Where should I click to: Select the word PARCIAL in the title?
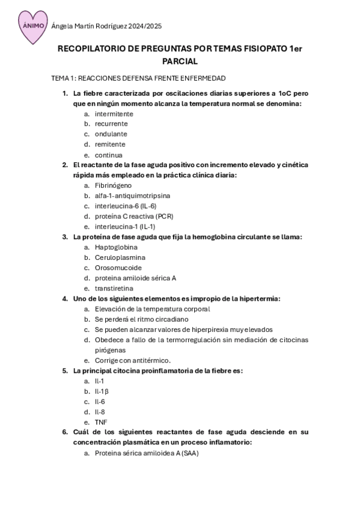click(x=180, y=61)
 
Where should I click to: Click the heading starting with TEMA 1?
click(x=138, y=79)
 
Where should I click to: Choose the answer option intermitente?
click(x=114, y=114)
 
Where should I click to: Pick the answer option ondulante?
click(x=111, y=134)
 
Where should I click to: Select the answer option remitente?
click(x=110, y=144)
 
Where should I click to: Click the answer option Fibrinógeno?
click(x=113, y=185)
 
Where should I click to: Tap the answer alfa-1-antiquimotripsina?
click(x=132, y=195)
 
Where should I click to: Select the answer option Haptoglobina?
click(x=116, y=247)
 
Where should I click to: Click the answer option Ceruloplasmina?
click(x=120, y=257)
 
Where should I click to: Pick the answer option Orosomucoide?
click(x=118, y=268)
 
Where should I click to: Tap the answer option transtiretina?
click(x=115, y=288)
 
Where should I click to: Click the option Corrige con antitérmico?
click(x=133, y=360)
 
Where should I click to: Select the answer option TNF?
click(x=101, y=422)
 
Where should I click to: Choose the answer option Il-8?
click(x=100, y=412)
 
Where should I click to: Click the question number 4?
click(x=65, y=298)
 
